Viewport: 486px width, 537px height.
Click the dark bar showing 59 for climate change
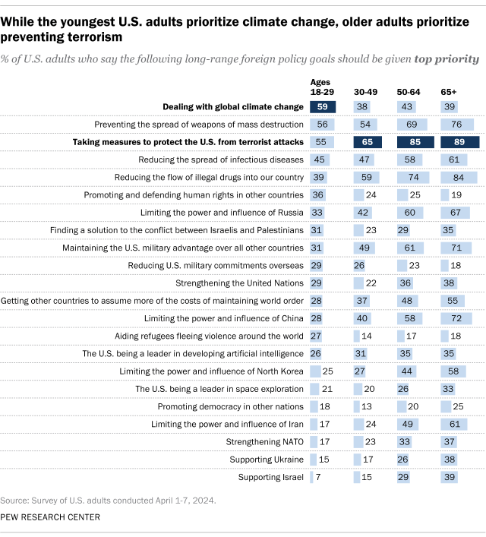[322, 107]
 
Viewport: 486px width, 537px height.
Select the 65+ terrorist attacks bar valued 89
[459, 142]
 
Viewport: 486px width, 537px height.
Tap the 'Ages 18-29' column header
[322, 87]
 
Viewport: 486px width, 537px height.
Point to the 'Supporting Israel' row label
[271, 477]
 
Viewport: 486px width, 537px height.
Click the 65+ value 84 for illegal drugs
[459, 177]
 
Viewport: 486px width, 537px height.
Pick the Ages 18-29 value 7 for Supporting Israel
[317, 477]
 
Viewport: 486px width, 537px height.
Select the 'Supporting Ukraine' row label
[267, 460]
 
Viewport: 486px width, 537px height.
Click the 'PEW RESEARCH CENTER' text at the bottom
[51, 517]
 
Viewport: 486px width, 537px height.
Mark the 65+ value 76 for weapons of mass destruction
[457, 125]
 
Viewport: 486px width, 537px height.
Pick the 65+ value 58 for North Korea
[454, 371]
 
